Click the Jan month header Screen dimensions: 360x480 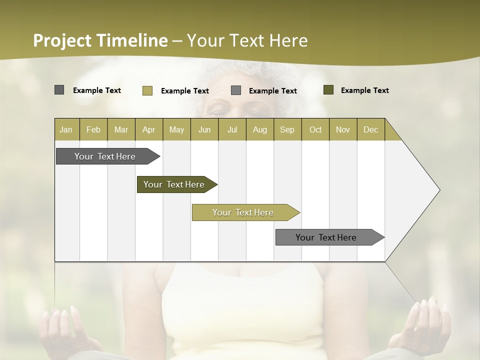click(x=66, y=129)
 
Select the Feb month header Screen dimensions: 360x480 click(x=93, y=129)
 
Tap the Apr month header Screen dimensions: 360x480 click(x=148, y=129)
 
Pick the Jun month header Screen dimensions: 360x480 click(x=204, y=129)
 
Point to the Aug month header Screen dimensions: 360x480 click(x=259, y=129)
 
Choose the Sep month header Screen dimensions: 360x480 click(x=287, y=129)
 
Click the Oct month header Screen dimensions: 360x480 click(x=315, y=129)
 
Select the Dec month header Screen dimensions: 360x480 click(x=370, y=129)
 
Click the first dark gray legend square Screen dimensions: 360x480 click(x=59, y=90)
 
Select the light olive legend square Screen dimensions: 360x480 click(x=147, y=90)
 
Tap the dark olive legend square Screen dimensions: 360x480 click(x=328, y=90)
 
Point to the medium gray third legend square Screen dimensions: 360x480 click(x=236, y=90)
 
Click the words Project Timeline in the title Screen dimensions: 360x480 click(x=100, y=40)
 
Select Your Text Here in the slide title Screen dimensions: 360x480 click(x=247, y=40)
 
